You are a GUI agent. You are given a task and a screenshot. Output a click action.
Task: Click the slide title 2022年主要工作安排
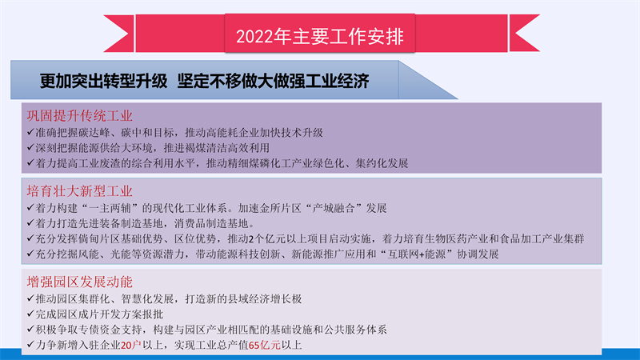tap(319, 36)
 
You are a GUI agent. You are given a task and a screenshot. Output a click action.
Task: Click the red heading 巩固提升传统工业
tap(79, 115)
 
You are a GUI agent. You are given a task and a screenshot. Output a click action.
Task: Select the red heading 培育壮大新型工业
tap(79, 191)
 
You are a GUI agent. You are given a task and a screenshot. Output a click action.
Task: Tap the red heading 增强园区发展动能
tap(79, 282)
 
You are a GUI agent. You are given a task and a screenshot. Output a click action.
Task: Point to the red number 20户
tap(131, 346)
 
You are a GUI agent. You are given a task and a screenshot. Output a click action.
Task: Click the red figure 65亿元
tap(265, 346)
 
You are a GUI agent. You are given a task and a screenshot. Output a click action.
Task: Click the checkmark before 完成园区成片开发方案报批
tap(30, 314)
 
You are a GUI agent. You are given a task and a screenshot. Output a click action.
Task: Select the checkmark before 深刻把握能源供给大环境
tap(30, 147)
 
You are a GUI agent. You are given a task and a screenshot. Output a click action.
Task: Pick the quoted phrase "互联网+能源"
tap(417, 254)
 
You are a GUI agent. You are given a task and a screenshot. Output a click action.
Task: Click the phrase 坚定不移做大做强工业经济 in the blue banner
tap(273, 81)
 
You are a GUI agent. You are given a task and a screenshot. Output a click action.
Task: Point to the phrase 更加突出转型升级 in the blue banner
tap(104, 81)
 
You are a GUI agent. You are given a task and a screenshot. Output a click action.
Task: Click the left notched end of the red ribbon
tap(118, 34)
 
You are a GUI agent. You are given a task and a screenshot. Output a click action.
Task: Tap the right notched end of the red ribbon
tap(525, 34)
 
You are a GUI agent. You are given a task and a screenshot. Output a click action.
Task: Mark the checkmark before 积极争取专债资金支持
tap(30, 329)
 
